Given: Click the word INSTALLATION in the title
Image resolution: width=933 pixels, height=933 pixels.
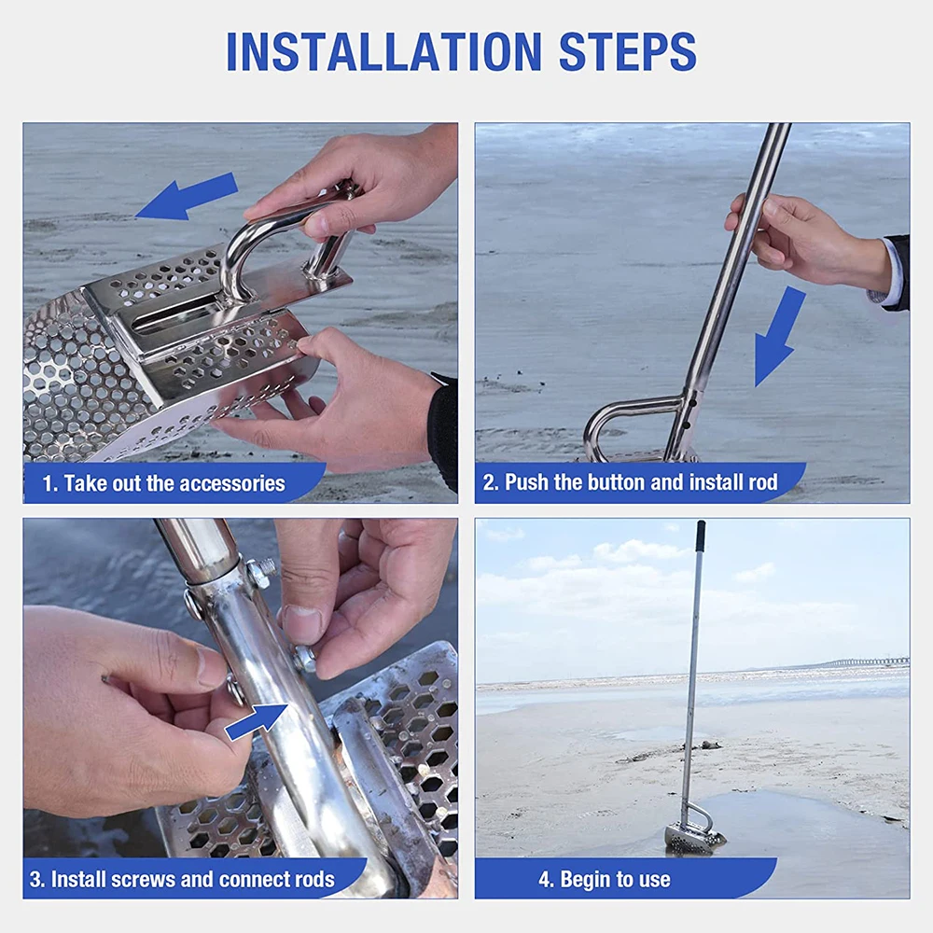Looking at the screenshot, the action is pos(384,51).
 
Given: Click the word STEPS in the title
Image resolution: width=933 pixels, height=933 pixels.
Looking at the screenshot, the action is pos(628,51).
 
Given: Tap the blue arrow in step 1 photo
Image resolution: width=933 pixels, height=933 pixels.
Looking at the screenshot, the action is pos(187,195).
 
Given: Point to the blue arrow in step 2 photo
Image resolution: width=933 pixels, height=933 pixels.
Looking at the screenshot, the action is pos(779,336).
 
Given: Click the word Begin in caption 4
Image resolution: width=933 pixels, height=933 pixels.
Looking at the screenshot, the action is pos(585,880).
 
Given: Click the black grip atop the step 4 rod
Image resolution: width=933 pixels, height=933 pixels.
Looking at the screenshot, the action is pos(701,536).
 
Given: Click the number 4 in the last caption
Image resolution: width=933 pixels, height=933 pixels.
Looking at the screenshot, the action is pos(543,880).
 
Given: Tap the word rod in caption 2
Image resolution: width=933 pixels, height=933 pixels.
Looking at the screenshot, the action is pos(763,482).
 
